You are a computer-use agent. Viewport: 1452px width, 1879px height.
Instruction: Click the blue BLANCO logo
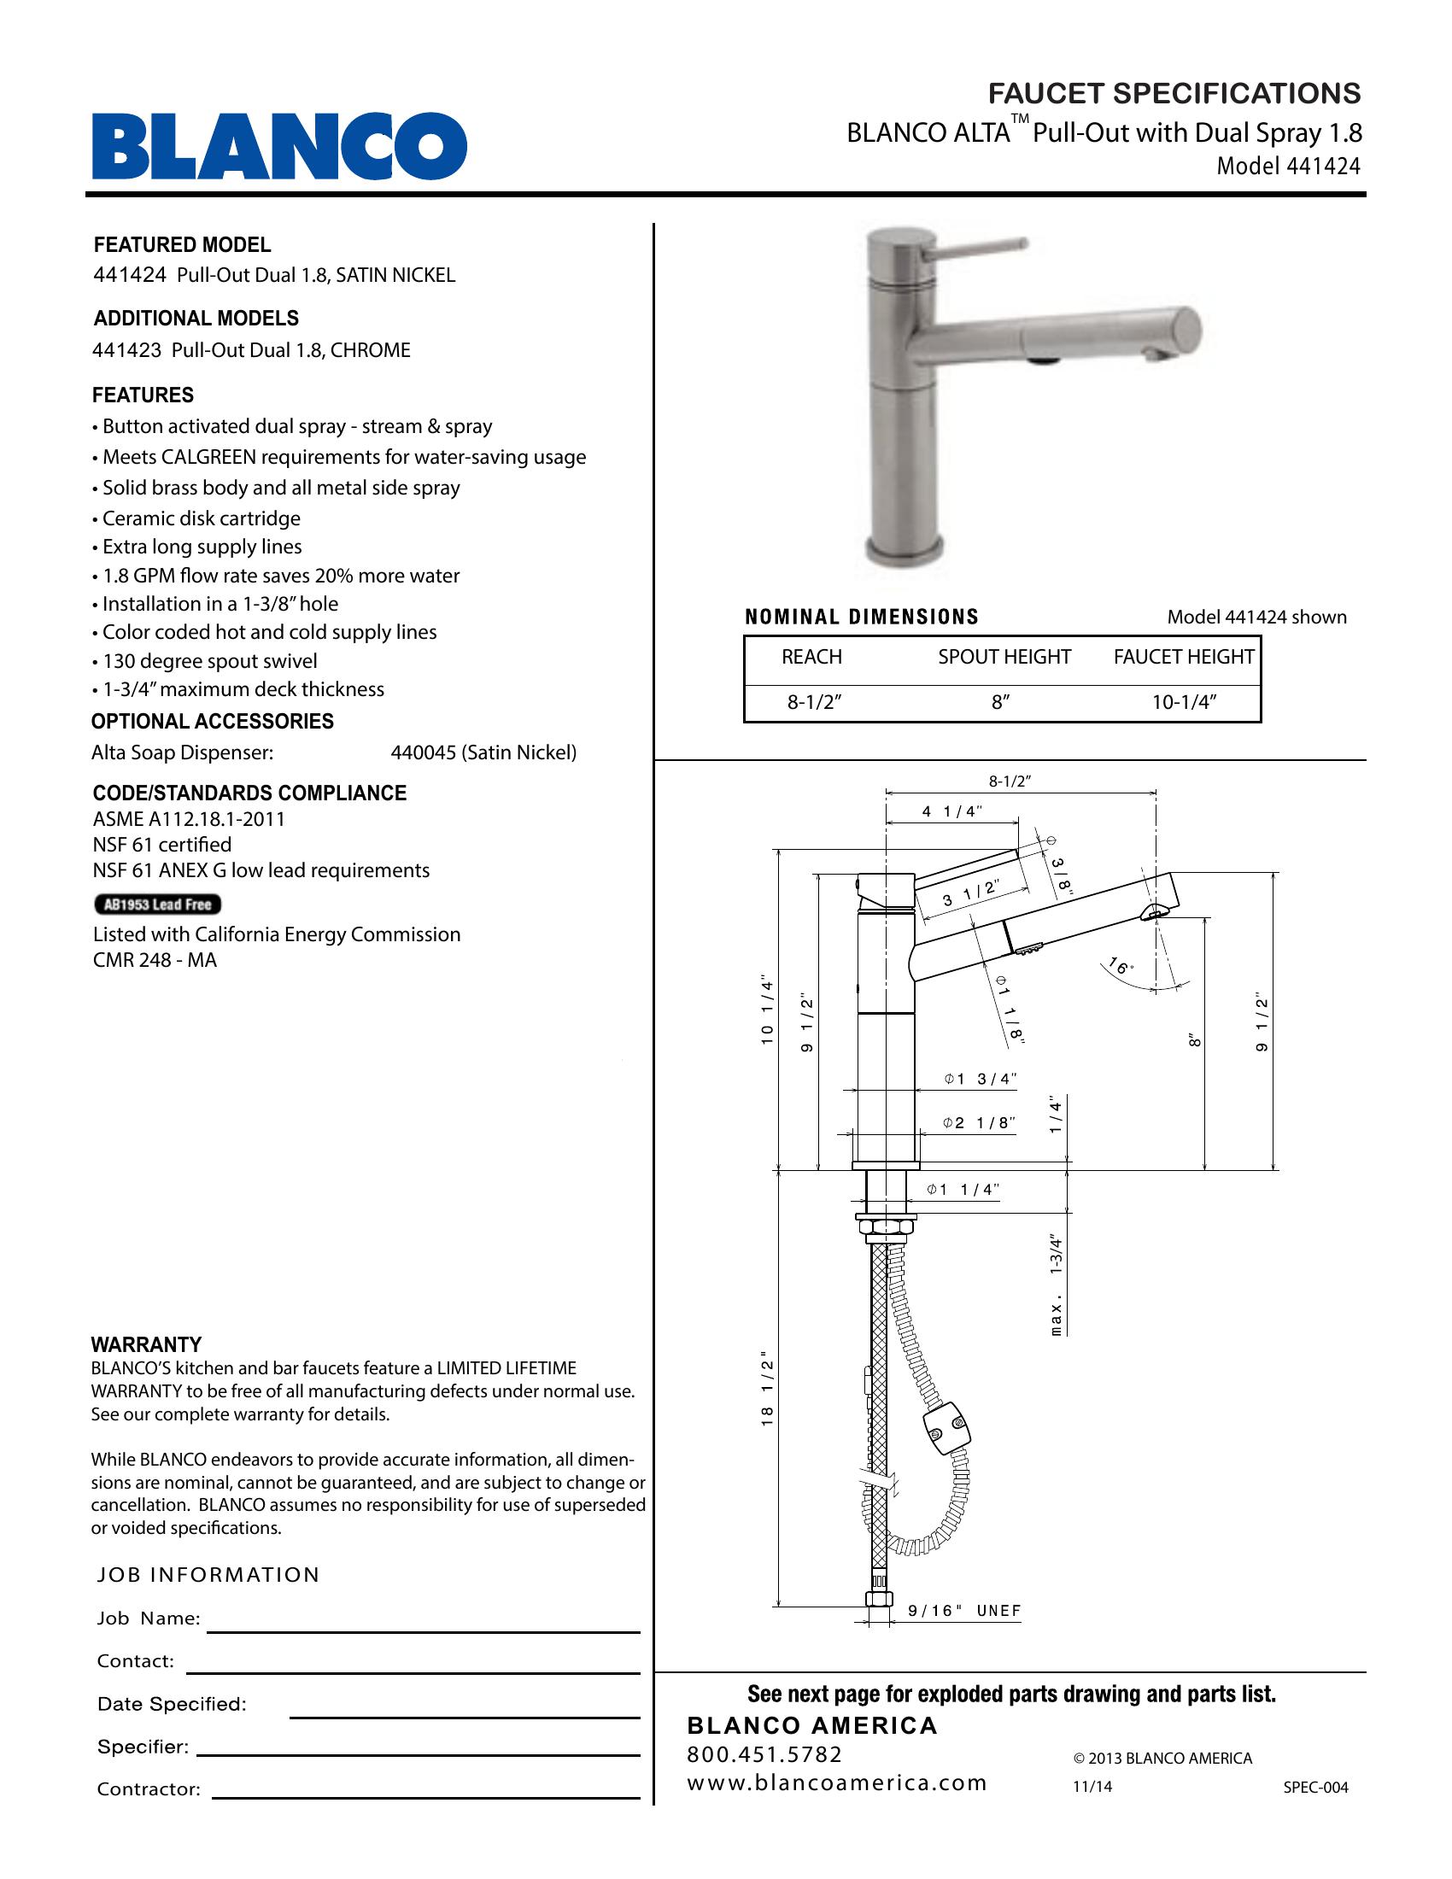click(x=279, y=146)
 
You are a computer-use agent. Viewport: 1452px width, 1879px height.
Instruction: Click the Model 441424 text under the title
click(x=1288, y=166)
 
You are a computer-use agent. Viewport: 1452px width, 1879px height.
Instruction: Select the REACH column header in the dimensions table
click(x=811, y=657)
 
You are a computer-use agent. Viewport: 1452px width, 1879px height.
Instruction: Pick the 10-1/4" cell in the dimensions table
click(x=1184, y=702)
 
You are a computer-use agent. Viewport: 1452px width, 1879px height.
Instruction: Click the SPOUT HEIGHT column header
click(x=1004, y=657)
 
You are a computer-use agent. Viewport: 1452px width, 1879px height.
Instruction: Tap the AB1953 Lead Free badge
click(x=157, y=904)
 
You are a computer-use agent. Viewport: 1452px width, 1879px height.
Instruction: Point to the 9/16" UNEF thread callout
click(x=964, y=1611)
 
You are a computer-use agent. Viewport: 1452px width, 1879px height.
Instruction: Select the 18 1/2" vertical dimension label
click(x=767, y=1391)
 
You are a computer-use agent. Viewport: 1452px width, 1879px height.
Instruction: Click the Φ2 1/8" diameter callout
click(x=979, y=1123)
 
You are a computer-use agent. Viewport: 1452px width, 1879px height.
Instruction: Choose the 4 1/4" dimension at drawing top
click(x=951, y=811)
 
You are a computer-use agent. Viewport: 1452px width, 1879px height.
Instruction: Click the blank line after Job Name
click(x=423, y=1630)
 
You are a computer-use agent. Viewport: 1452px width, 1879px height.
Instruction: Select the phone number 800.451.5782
click(x=764, y=1754)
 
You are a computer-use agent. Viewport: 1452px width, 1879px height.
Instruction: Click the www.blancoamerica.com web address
click(x=836, y=1782)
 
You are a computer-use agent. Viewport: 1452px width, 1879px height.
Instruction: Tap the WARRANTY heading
click(x=146, y=1344)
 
